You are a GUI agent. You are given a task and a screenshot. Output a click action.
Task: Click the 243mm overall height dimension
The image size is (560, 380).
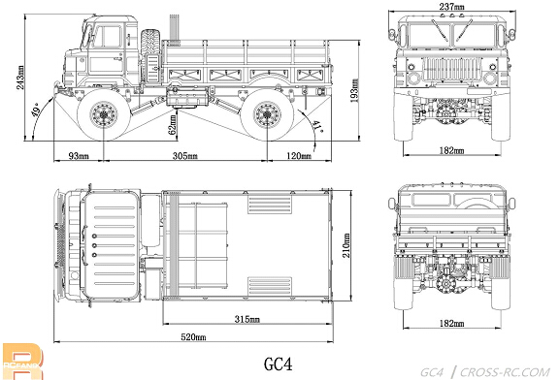(x=20, y=78)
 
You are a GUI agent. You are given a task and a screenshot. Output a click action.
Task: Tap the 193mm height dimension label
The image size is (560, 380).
(x=354, y=90)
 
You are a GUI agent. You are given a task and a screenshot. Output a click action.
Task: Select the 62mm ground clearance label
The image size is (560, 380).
(x=173, y=124)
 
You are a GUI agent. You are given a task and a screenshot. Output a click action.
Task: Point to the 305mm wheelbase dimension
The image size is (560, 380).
(x=185, y=156)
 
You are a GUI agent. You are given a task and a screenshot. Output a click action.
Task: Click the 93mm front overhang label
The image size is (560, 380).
(x=79, y=156)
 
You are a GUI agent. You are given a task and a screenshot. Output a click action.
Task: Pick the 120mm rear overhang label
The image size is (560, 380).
(x=299, y=156)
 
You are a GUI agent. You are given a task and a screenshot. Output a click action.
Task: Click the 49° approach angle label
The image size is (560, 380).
(x=37, y=110)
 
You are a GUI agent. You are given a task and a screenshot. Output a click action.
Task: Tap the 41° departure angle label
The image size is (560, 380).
(x=316, y=126)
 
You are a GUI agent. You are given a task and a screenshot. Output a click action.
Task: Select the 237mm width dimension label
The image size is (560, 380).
(x=452, y=6)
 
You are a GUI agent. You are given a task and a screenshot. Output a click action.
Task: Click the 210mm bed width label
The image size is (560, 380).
(x=346, y=245)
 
